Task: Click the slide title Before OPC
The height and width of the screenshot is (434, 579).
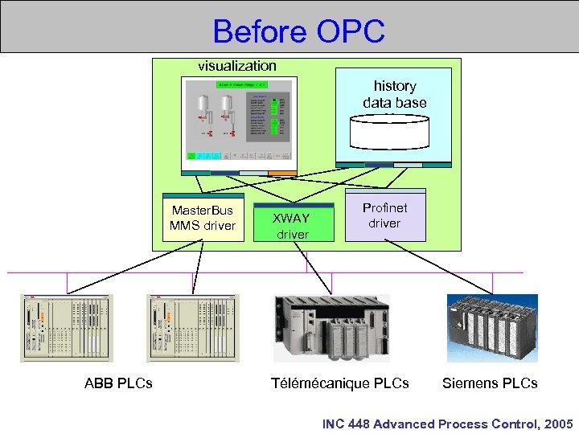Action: (x=299, y=31)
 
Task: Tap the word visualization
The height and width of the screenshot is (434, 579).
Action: (x=237, y=66)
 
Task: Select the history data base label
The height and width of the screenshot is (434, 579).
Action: (x=394, y=94)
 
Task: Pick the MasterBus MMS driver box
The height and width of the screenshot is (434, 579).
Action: (x=203, y=218)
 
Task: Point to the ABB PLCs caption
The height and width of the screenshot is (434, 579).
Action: (x=118, y=383)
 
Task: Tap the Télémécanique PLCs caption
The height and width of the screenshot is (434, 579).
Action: (x=339, y=383)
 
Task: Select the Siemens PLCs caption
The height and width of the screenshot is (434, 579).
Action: (x=490, y=383)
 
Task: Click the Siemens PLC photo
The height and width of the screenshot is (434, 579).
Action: (x=492, y=327)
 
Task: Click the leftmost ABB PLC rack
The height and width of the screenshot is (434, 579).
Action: (x=67, y=327)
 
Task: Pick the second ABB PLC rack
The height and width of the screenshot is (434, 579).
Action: (x=193, y=327)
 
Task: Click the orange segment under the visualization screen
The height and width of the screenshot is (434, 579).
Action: (x=282, y=173)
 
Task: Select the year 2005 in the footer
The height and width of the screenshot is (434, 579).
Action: (x=557, y=424)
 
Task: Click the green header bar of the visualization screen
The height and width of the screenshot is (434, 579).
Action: (x=240, y=84)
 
